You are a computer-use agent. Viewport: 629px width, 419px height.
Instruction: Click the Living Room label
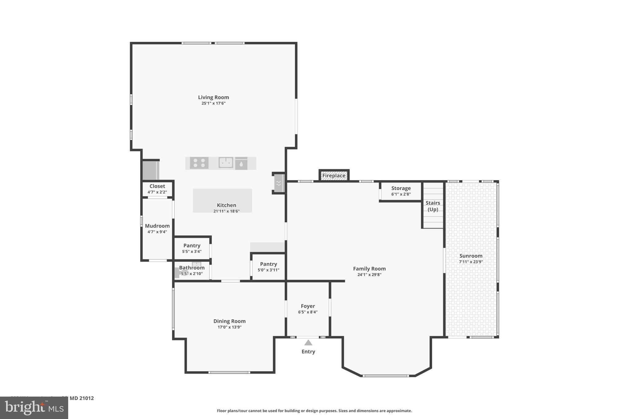click(x=213, y=97)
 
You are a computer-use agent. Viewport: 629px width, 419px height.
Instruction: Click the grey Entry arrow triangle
click(x=308, y=343)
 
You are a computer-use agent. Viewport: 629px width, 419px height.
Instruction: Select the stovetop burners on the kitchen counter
click(x=199, y=163)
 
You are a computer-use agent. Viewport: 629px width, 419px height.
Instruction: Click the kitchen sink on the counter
click(x=226, y=163)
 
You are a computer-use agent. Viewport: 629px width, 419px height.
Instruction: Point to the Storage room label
click(x=401, y=188)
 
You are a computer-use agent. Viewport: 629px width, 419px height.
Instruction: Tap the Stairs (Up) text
click(x=433, y=206)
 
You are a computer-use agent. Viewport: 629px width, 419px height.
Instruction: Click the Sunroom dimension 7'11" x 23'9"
click(x=471, y=262)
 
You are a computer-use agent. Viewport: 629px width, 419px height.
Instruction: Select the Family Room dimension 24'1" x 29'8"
click(x=369, y=275)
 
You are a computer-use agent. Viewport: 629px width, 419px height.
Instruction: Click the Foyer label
click(x=308, y=306)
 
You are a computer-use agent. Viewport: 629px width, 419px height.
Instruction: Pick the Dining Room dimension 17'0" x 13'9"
click(x=229, y=327)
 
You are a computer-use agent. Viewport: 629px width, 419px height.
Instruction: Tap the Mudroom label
click(x=157, y=226)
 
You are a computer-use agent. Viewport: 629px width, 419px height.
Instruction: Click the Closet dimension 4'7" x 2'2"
click(x=157, y=192)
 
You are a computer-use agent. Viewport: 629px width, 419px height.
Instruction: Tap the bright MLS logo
click(x=34, y=408)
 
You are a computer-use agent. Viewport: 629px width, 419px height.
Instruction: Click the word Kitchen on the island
click(x=226, y=205)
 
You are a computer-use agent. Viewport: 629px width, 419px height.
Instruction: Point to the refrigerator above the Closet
click(x=150, y=170)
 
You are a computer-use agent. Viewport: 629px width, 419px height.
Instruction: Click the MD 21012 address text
click(x=81, y=398)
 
